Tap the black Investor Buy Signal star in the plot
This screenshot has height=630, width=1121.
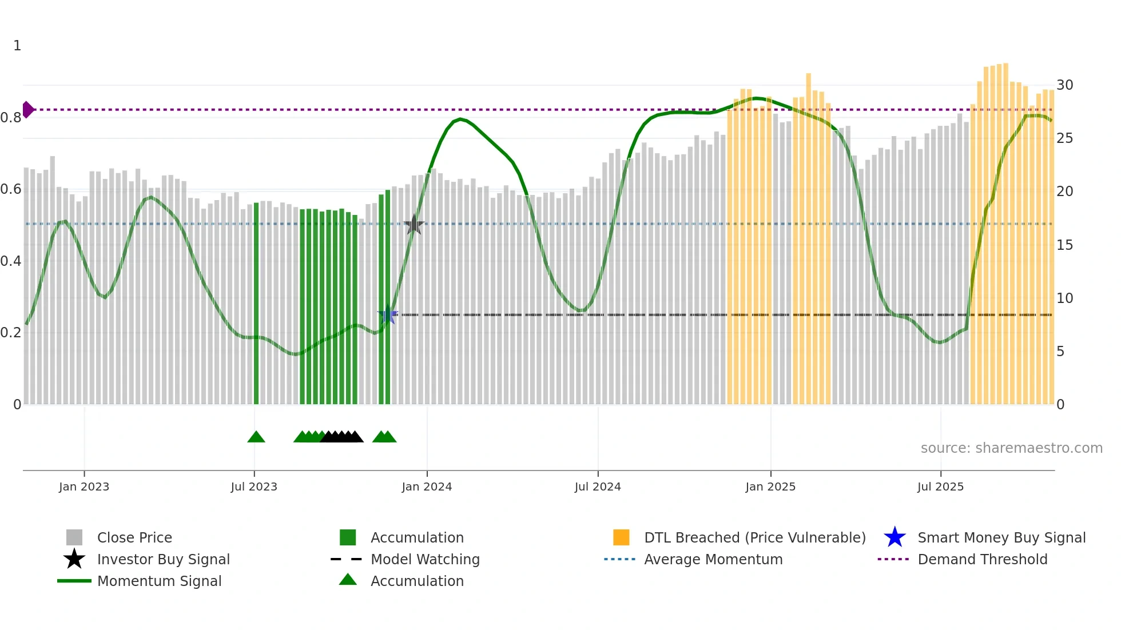coord(414,225)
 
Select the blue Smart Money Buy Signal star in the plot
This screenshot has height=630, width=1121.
coord(387,314)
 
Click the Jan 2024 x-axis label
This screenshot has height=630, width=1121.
coord(427,487)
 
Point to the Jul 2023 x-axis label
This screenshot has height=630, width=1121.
coord(254,487)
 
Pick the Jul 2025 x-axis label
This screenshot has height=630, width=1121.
coord(940,487)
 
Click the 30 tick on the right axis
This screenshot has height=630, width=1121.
coord(1064,85)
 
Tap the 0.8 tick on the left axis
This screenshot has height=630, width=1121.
coord(11,118)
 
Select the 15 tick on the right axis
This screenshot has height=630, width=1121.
coord(1064,245)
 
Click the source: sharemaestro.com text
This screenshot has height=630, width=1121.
coord(1011,448)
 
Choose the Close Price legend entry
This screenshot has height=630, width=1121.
coord(134,537)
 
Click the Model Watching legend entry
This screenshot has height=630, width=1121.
coord(425,559)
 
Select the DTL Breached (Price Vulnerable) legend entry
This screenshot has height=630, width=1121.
coord(754,537)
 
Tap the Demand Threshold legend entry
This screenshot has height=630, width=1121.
coord(982,559)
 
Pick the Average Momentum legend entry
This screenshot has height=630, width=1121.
coord(713,559)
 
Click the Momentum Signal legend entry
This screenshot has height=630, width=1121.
coord(159,581)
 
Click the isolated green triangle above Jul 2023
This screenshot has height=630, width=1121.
coord(256,437)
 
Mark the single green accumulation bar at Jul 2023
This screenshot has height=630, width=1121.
coord(256,303)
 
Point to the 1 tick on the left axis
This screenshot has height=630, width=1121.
coord(17,46)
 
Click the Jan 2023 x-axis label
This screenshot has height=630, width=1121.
coord(84,487)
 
